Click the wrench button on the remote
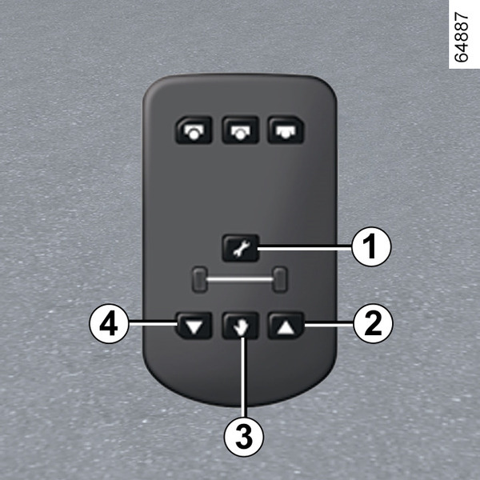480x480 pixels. coord(241,248)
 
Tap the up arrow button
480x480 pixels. coord(286,326)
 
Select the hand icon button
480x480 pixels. coord(240,326)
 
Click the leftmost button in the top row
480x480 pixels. coord(194,130)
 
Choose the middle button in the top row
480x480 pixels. coord(241,130)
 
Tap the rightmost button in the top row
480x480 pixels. coord(286,130)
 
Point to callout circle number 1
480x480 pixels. coord(371,246)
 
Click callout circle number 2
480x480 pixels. coord(373,323)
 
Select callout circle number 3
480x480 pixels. coord(244,437)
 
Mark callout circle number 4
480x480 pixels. coord(109,323)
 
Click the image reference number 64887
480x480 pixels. coord(461,37)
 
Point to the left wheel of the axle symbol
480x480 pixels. coord(200,280)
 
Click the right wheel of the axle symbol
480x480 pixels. coord(280,280)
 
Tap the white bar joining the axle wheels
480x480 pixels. coord(240,279)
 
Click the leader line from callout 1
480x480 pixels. coord(305,248)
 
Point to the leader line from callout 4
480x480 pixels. coord(153,322)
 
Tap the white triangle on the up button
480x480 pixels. coord(286,327)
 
